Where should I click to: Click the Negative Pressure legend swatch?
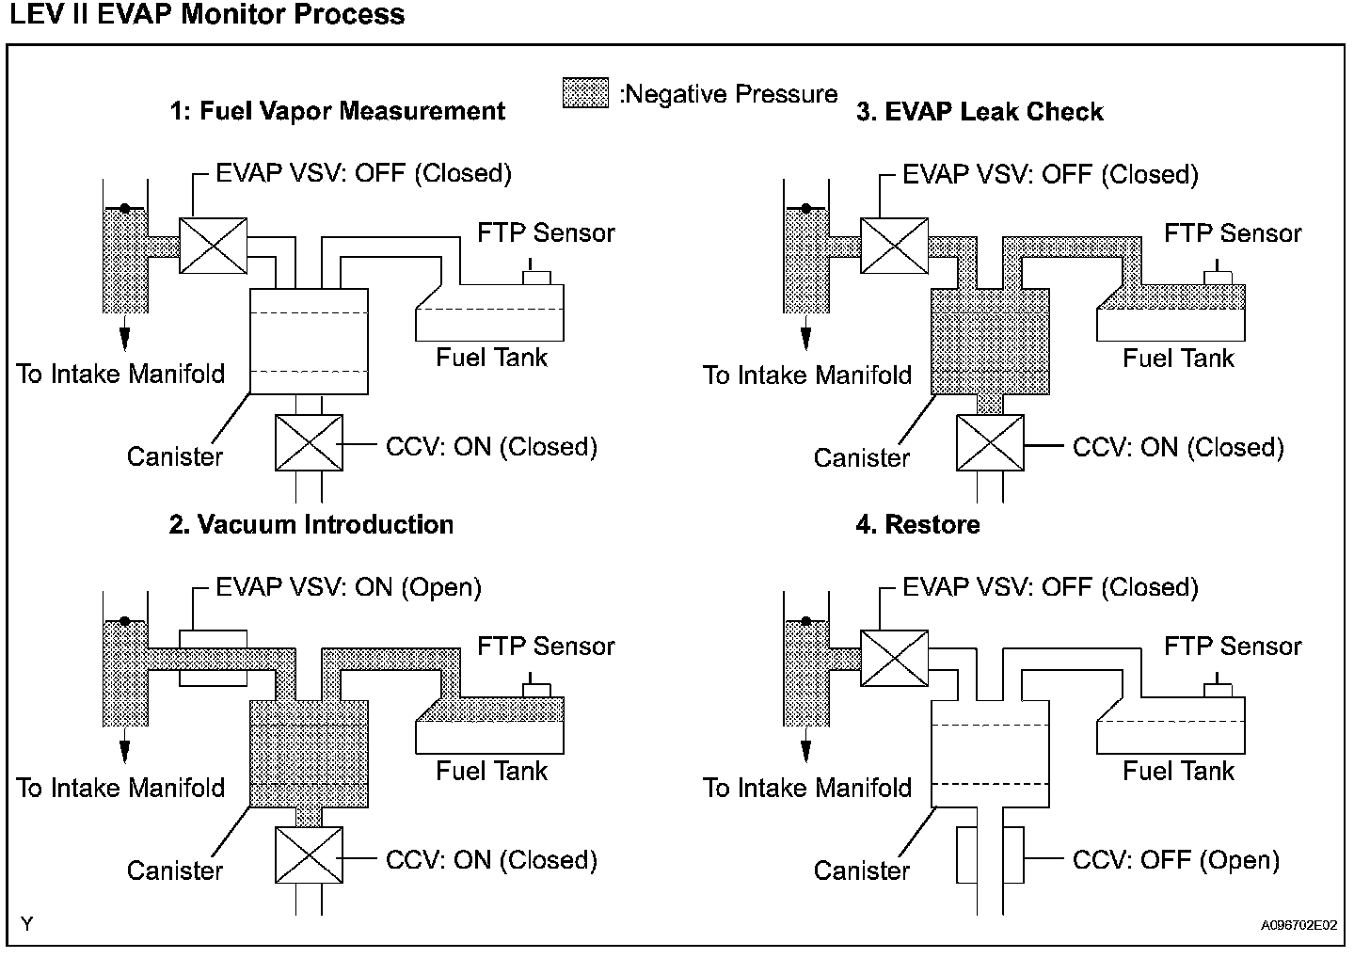coord(585,93)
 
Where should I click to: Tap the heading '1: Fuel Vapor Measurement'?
coord(338,111)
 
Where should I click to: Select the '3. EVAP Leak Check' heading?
coord(980,112)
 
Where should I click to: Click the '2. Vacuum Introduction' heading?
coord(311,525)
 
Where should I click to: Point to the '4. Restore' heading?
coord(917,525)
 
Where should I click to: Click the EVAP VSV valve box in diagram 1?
coord(213,246)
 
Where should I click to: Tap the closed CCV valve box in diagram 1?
coord(309,443)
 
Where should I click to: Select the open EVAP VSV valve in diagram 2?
coord(213,658)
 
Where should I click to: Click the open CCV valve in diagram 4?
coord(990,855)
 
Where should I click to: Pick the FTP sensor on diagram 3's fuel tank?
coord(1218,273)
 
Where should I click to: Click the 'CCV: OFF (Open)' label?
coord(1176,860)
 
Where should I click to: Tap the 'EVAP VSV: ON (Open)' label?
coord(348,587)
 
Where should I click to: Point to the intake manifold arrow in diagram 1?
coord(125,333)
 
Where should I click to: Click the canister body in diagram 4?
coord(990,754)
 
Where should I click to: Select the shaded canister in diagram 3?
coord(990,342)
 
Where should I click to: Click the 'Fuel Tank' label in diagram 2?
coord(491,771)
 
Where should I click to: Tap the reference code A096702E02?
coord(1298,925)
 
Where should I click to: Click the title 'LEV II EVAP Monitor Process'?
coord(207,14)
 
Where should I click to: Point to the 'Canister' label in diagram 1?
coord(174,457)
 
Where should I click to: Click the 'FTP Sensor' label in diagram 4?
coord(1233,646)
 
